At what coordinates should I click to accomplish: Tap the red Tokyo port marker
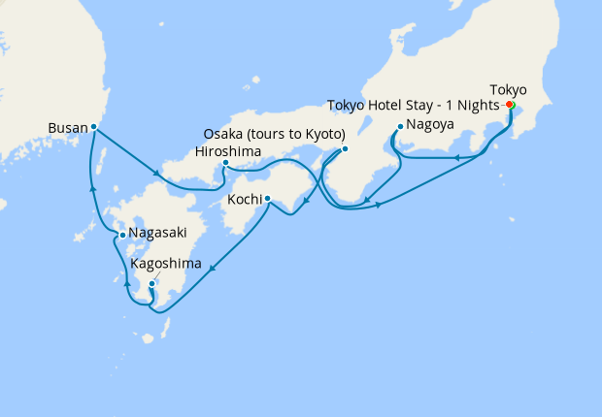(510, 105)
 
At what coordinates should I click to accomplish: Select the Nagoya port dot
(400, 126)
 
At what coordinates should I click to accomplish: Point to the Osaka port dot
(345, 148)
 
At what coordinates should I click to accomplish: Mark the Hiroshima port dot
(225, 163)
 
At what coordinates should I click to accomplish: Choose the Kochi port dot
(267, 201)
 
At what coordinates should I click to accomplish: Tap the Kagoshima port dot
(151, 283)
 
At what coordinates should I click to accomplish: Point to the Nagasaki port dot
(120, 235)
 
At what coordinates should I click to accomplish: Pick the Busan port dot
(93, 126)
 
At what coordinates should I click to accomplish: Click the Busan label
(67, 127)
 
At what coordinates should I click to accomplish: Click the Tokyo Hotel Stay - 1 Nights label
(414, 105)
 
